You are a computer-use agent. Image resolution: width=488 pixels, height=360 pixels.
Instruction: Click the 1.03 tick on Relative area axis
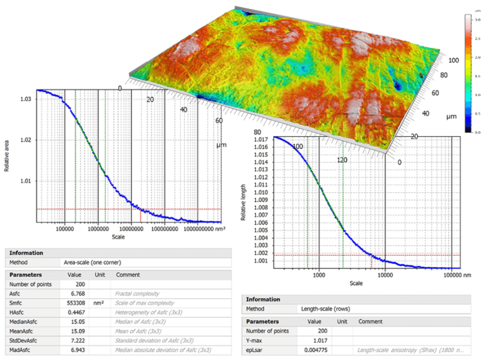pos(25,99)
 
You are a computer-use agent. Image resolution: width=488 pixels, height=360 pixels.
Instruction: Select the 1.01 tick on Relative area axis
pos(25,181)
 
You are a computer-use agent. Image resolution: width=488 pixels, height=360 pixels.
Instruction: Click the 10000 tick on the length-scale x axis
pos(385,275)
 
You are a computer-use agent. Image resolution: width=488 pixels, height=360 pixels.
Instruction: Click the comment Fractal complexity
pos(136,294)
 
